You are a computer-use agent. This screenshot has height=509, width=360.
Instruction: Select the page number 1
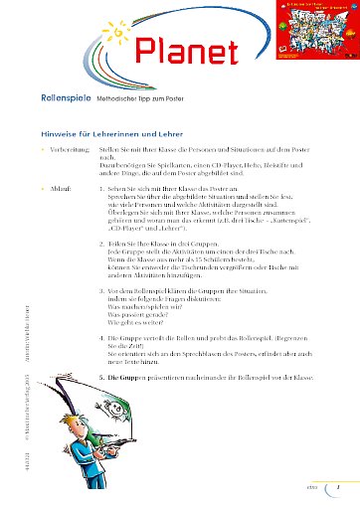point(339,486)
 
